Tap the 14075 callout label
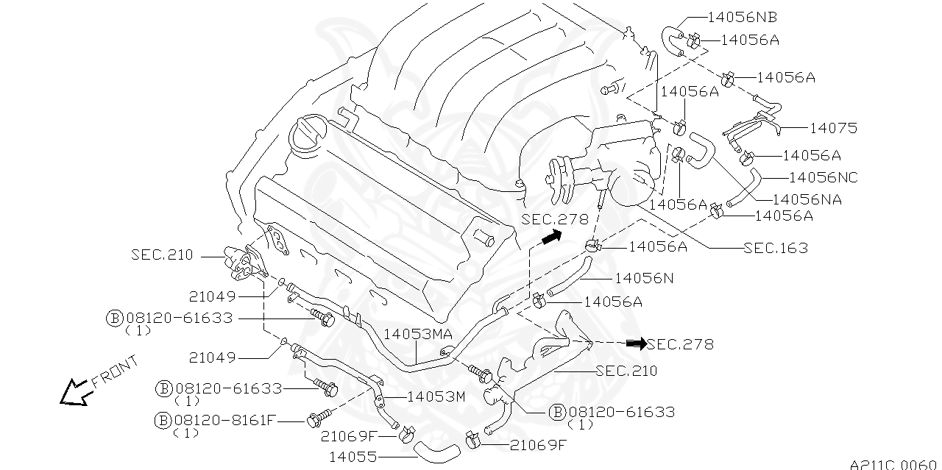coord(833,128)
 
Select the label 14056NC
coord(823,177)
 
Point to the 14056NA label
coord(807,199)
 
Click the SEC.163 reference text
coord(776,248)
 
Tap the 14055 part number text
coord(353,457)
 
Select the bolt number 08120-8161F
coord(224,420)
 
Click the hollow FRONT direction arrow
coord(74,392)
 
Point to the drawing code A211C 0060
coord(895,464)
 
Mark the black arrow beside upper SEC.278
coord(549,236)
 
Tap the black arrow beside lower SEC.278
coord(635,343)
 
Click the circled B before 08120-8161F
coord(163,420)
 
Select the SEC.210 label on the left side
coord(162,255)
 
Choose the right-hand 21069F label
coord(538,444)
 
